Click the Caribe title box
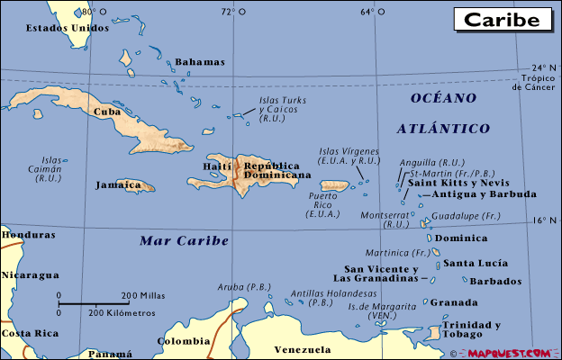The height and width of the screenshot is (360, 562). coord(503,18)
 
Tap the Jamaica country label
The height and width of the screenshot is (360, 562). coord(119,184)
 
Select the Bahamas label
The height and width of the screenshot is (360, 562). coord(199,62)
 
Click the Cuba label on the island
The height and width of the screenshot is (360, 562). coord(107,112)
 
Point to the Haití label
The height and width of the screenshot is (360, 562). coord(218,166)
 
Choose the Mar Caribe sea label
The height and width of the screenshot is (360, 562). coord(185,240)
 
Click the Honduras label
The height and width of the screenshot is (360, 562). coord(27,235)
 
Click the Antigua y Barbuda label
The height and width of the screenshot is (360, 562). coord(484,194)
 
